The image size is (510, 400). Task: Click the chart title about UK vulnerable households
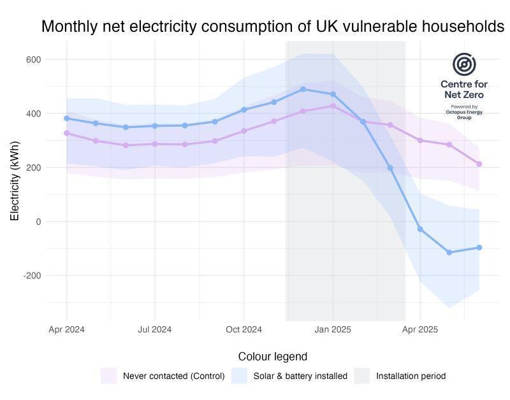tap(272, 27)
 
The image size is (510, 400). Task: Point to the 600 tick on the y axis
tap(33, 60)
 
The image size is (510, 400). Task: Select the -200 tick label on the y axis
tap(31, 276)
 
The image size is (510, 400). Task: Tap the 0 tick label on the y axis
tap(38, 222)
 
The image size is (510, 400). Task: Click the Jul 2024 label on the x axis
tap(155, 329)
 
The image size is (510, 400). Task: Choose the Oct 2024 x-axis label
tap(244, 329)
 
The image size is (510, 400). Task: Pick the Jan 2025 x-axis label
tap(332, 329)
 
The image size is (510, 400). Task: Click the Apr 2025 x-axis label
tap(420, 329)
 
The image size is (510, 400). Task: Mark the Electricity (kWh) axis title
tap(15, 181)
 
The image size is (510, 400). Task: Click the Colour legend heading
tap(272, 357)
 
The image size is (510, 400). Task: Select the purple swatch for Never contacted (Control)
tap(108, 376)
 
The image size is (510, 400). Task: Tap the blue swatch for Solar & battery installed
tap(239, 376)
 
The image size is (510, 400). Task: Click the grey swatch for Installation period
tap(361, 376)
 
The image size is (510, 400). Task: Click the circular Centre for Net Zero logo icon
tap(464, 65)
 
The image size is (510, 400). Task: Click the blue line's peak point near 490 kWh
tap(303, 89)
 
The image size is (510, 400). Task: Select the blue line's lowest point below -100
tap(449, 253)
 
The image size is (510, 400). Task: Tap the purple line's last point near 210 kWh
tap(479, 164)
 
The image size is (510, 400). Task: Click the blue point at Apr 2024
tap(66, 118)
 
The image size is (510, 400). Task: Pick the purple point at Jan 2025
tap(332, 106)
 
